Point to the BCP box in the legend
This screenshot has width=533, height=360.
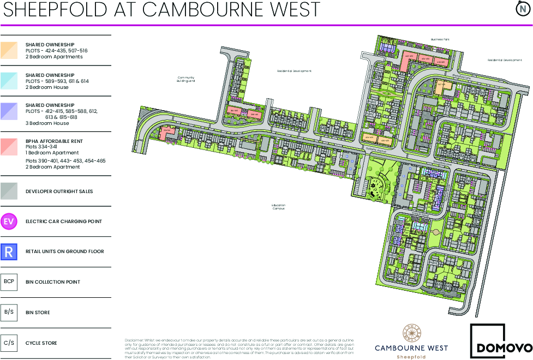[x=9, y=282]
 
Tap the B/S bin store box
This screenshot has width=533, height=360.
[x=9, y=313]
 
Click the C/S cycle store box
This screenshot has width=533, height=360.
[x=9, y=343]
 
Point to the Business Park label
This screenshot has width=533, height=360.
[x=439, y=39]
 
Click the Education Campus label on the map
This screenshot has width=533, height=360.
[x=278, y=207]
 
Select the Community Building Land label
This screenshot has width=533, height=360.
[x=186, y=79]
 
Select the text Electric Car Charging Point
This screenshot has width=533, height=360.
[x=64, y=221]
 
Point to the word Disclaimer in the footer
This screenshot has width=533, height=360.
[x=134, y=340]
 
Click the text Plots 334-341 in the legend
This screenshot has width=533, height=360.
[x=41, y=147]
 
